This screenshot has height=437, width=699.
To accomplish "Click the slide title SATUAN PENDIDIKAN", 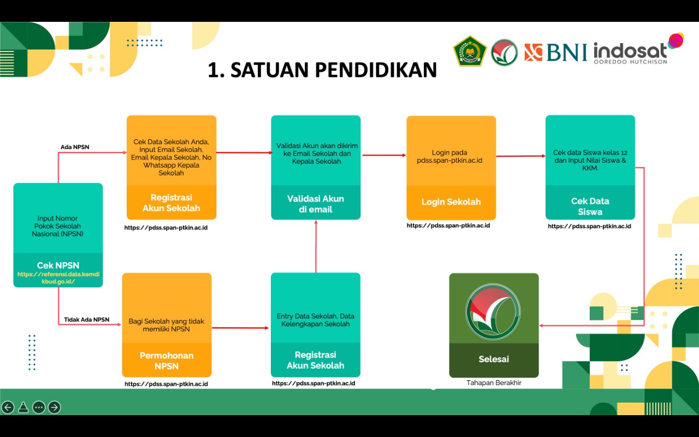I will click(322, 70).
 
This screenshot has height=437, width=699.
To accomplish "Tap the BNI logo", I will click(556, 52).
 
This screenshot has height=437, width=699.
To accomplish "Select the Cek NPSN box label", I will click(58, 265).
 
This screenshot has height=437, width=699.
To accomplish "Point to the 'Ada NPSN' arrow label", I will click(75, 147).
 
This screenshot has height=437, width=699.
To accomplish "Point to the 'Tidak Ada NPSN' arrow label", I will click(86, 320).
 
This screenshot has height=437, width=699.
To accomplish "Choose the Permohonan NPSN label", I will click(167, 361).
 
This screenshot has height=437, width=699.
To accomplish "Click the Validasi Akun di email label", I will click(316, 204).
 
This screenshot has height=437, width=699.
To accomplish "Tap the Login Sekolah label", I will click(451, 202).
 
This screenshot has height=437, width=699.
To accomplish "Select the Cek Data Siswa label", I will click(590, 206).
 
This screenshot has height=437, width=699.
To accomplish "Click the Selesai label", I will click(494, 359).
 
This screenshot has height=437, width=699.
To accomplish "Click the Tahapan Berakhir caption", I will click(494, 383).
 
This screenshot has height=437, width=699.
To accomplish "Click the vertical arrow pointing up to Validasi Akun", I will click(316, 246).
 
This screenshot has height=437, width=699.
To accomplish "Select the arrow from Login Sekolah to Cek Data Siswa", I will click(520, 156).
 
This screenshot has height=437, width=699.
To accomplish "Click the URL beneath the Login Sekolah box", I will click(448, 226).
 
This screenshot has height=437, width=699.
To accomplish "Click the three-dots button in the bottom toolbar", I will click(39, 407).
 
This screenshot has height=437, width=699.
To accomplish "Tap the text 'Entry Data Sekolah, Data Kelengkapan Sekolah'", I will click(316, 320).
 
